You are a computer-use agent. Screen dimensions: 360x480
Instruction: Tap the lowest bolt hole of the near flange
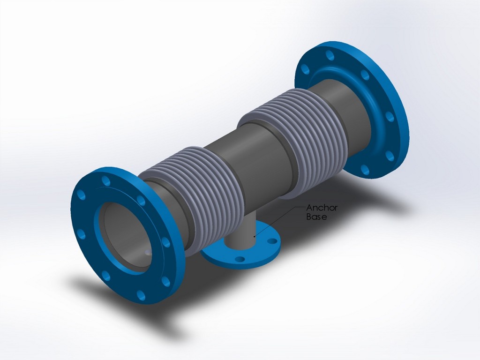[x=141, y=295]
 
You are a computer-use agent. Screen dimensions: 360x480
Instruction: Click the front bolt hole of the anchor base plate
[x=240, y=259]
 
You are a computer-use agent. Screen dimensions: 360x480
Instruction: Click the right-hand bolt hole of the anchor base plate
[x=271, y=242]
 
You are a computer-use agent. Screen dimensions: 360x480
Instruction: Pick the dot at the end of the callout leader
[x=254, y=237]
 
